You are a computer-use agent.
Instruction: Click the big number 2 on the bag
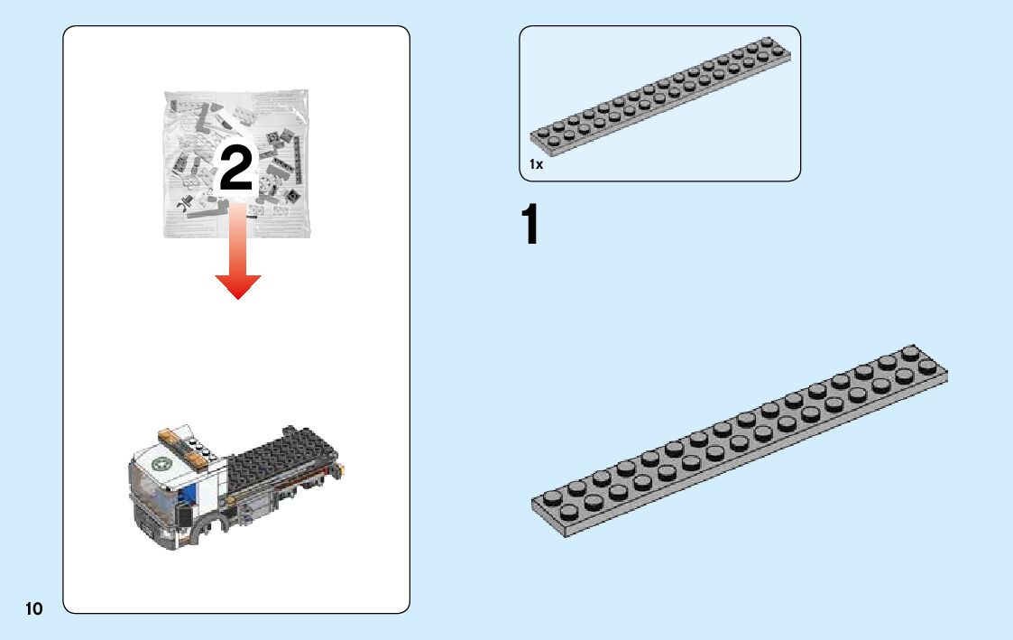pyautogui.click(x=236, y=169)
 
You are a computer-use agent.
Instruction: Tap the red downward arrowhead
pyautogui.click(x=237, y=286)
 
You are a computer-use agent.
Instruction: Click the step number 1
pyautogui.click(x=530, y=226)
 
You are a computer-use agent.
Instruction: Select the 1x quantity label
pyautogui.click(x=536, y=165)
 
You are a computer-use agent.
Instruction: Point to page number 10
pyautogui.click(x=33, y=608)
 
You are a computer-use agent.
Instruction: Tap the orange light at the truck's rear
pyautogui.click(x=342, y=468)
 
